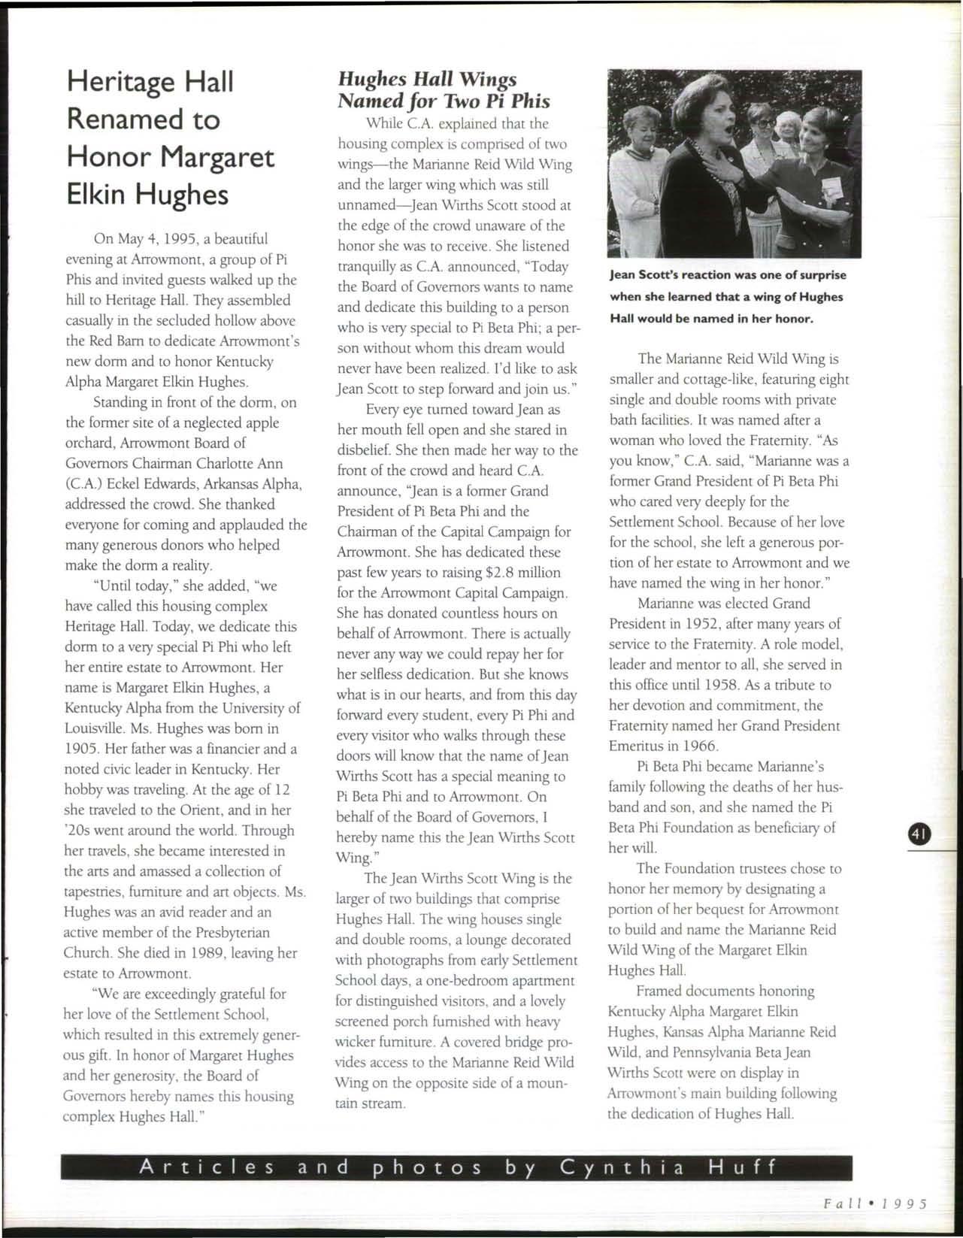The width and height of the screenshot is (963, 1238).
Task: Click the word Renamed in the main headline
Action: point(143,120)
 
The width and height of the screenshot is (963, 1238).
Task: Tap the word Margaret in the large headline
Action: point(219,158)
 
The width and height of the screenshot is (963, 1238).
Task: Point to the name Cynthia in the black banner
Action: point(622,1168)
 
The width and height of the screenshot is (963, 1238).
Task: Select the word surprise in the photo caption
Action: point(818,275)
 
